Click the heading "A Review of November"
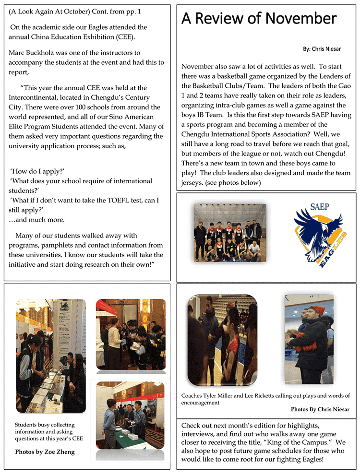(x=259, y=19)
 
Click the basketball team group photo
(x=228, y=232)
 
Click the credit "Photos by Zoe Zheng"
(x=45, y=451)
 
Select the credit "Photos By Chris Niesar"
(x=320, y=409)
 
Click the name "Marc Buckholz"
(x=34, y=52)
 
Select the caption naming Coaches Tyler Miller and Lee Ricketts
(x=265, y=399)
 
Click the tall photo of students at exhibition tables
(x=50, y=356)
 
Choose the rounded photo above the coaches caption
(x=222, y=340)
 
